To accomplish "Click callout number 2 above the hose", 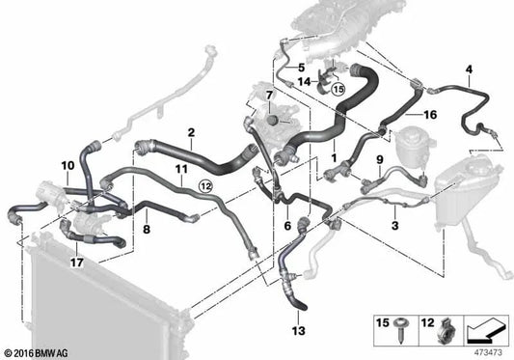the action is [x=191, y=132].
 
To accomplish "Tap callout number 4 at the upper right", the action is [x=469, y=69].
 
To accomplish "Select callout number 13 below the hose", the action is [x=298, y=331].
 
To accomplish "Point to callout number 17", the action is [x=77, y=263].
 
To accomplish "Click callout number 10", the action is [x=68, y=166].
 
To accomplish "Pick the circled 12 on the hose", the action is [x=206, y=186].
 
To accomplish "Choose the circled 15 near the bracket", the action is [x=338, y=89].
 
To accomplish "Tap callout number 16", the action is [x=430, y=115].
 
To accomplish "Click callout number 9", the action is [x=380, y=160].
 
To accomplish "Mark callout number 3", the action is [x=395, y=226].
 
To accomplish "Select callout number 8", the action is [x=147, y=229].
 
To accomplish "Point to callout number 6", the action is [x=287, y=226].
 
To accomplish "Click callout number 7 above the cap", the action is [x=269, y=97].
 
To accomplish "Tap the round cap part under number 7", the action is [x=272, y=120].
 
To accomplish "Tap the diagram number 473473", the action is [x=488, y=353].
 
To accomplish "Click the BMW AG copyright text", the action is [x=37, y=353].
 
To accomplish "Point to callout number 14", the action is [x=304, y=81].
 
